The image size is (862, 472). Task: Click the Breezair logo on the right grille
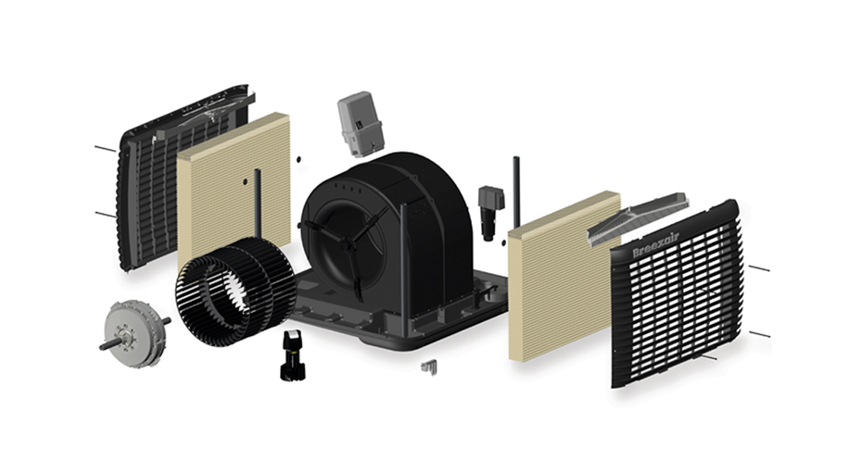click(x=655, y=245)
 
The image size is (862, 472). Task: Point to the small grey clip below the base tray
click(x=428, y=367)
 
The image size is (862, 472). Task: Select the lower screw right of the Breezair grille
click(x=759, y=333)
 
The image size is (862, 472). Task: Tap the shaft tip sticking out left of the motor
click(x=104, y=346)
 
